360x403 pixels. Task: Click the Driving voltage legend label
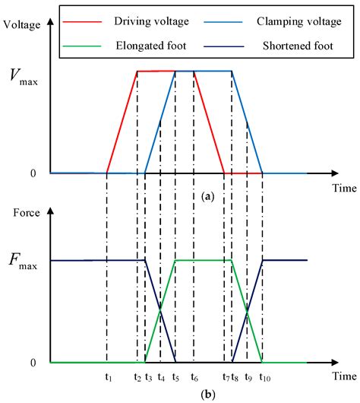tap(151, 21)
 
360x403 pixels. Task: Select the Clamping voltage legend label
tap(299, 21)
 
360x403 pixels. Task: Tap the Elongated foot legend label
tap(151, 46)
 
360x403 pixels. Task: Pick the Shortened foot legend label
tap(298, 46)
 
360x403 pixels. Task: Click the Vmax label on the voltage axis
tap(24, 77)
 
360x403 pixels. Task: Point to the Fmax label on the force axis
tap(23, 261)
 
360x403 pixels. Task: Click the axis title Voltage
tap(22, 25)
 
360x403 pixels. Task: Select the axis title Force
tap(27, 213)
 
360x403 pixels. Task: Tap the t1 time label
tap(109, 377)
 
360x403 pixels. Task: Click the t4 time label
tap(161, 377)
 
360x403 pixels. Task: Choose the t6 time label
tap(194, 377)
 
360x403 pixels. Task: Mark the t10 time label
tap(265, 377)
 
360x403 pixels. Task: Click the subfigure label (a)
tap(208, 197)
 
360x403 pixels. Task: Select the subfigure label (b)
tap(208, 394)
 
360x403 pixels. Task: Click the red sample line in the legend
tap(82, 22)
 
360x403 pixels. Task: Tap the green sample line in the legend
tap(82, 46)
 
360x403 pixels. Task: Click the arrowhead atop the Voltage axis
tap(51, 21)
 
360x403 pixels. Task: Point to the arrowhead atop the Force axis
tap(51, 210)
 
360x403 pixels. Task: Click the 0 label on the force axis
tap(33, 363)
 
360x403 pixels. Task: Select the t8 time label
tap(235, 377)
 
